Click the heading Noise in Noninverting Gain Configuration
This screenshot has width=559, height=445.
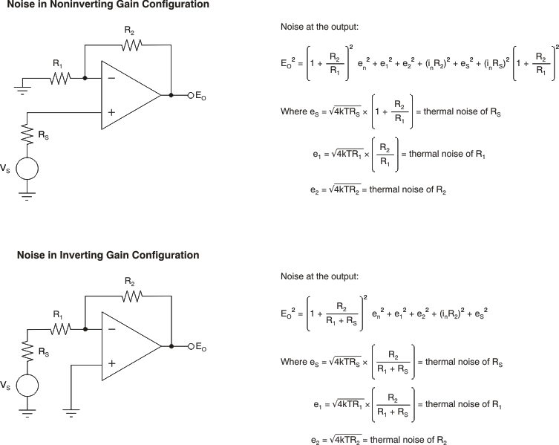click(x=108, y=5)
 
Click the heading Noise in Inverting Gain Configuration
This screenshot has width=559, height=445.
click(x=108, y=256)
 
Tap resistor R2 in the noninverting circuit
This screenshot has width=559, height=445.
click(x=131, y=45)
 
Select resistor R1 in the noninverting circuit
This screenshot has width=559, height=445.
click(x=60, y=77)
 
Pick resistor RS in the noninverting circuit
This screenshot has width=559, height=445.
click(x=27, y=134)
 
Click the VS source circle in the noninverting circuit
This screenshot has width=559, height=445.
click(x=27, y=168)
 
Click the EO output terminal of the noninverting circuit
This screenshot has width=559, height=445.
click(x=191, y=95)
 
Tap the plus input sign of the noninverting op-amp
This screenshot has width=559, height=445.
click(x=111, y=112)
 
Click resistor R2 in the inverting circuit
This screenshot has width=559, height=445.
click(x=131, y=296)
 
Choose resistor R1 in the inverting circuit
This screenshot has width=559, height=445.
click(x=60, y=328)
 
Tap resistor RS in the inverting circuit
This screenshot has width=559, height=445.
click(x=27, y=350)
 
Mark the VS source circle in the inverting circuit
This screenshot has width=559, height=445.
click(x=27, y=384)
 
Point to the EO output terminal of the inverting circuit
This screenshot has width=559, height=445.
click(x=191, y=346)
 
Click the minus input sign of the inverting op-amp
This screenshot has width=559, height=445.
click(x=111, y=328)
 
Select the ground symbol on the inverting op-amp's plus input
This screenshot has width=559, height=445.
click(x=71, y=411)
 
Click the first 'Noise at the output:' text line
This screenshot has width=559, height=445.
click(x=319, y=27)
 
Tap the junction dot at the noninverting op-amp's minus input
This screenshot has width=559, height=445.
click(x=85, y=77)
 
